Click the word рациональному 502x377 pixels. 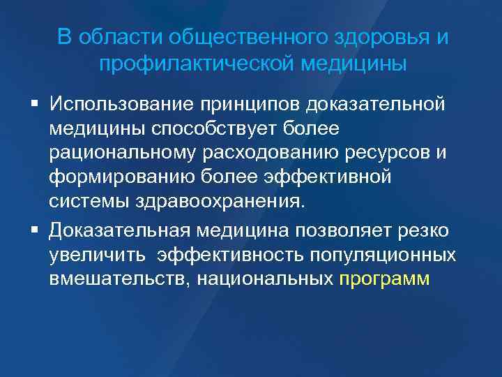[118, 153]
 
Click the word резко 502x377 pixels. [423, 230]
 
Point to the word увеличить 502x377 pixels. [96, 254]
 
